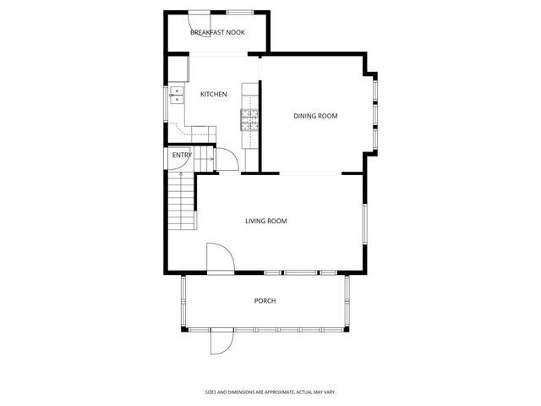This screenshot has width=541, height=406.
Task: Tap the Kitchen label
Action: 213,94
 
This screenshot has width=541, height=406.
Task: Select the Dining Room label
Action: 315,116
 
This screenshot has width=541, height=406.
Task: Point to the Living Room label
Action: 266,222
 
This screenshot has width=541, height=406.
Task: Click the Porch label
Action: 265,301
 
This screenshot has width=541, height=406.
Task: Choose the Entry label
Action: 182,156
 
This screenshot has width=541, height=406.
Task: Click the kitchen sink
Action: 178,94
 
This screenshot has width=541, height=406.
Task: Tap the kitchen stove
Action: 250,121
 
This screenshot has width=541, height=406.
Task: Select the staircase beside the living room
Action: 182,201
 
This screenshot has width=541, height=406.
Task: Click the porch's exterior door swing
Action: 219,341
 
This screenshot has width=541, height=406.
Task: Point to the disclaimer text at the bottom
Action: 270,392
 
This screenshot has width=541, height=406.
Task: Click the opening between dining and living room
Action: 311,173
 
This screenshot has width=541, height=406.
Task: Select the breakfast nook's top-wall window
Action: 238,12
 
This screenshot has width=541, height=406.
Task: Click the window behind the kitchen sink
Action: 167,94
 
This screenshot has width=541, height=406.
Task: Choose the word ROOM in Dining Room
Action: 328,116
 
